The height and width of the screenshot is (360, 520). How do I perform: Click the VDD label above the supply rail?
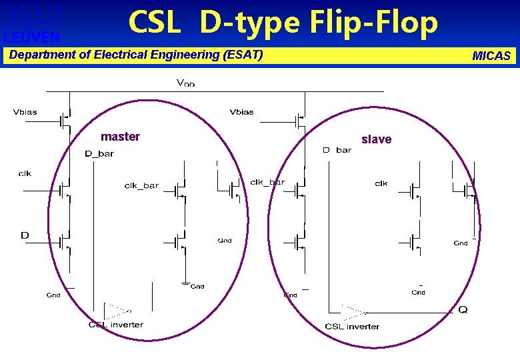(x=185, y=83)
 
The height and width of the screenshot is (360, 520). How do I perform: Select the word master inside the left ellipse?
(x=120, y=137)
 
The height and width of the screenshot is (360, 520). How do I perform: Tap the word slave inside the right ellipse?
(x=376, y=139)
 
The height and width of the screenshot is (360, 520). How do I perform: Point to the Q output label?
(x=463, y=310)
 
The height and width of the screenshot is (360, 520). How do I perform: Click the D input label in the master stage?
(x=25, y=235)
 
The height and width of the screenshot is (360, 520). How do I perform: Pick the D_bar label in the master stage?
(x=99, y=154)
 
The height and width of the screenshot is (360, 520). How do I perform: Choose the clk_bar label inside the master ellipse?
(x=141, y=185)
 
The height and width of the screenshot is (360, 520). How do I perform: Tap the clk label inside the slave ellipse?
(x=381, y=183)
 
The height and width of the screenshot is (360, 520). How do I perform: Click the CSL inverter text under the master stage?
(x=116, y=325)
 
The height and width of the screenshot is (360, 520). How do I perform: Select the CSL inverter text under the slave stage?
(x=352, y=327)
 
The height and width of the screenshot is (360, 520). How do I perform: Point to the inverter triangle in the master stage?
(x=118, y=310)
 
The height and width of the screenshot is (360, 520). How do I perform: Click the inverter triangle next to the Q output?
(x=353, y=311)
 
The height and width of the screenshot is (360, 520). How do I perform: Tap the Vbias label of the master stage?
(x=25, y=112)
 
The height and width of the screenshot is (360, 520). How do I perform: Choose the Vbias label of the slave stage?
(x=241, y=112)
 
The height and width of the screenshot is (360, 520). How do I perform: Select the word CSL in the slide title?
(x=154, y=23)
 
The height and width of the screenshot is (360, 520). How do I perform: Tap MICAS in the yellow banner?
(x=491, y=56)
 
